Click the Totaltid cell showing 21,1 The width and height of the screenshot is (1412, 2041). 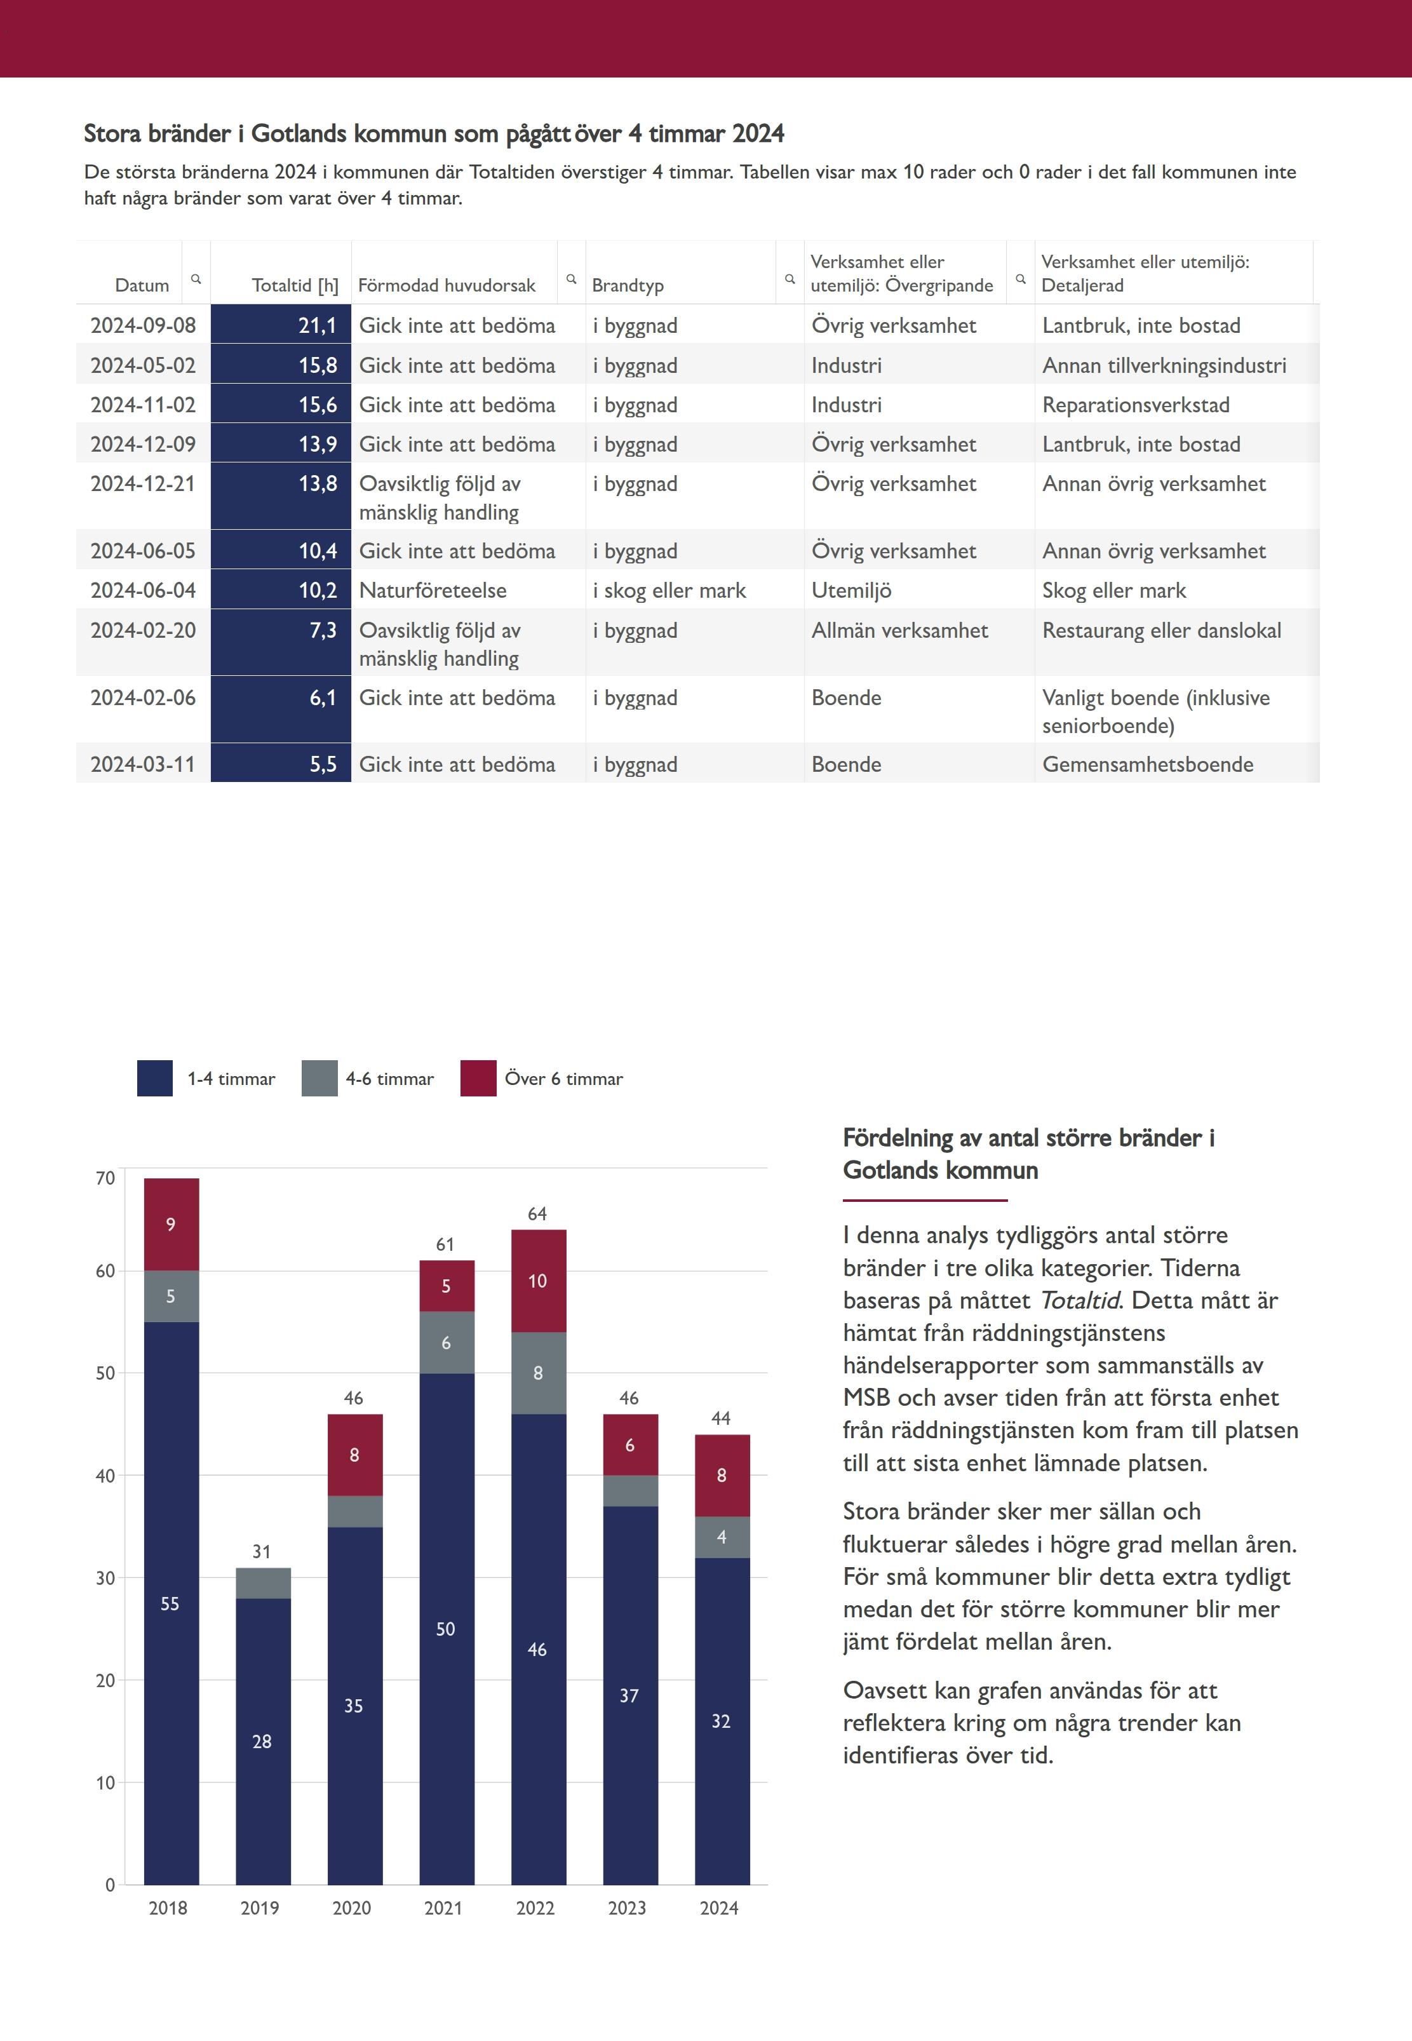[x=281, y=326]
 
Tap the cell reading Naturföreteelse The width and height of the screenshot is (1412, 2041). [x=433, y=590]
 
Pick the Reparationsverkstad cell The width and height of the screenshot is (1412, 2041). [x=1135, y=405]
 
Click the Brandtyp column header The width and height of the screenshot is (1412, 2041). [x=628, y=285]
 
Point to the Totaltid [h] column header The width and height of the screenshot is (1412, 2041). [x=295, y=285]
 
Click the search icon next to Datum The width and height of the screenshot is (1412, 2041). [x=196, y=279]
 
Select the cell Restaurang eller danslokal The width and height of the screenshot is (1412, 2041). [x=1160, y=631]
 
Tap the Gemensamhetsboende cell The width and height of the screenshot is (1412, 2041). [x=1148, y=764]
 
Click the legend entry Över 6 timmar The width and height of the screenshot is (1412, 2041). [x=563, y=1079]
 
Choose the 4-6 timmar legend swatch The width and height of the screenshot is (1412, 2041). [x=319, y=1079]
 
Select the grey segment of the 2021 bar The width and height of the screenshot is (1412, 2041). [x=446, y=1342]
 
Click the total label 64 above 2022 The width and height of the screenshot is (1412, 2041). [x=537, y=1214]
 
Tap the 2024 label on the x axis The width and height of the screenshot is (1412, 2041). [x=718, y=1908]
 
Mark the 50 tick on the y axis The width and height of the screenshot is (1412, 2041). [x=105, y=1373]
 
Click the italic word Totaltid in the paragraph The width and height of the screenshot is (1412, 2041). [x=1079, y=1300]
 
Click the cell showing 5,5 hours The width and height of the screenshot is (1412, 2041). [x=281, y=764]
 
